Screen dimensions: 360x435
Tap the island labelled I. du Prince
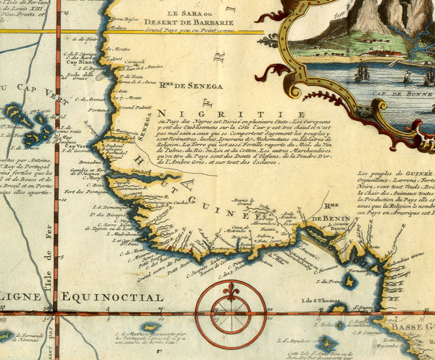point(350,280)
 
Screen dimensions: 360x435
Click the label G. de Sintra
point(82,39)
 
